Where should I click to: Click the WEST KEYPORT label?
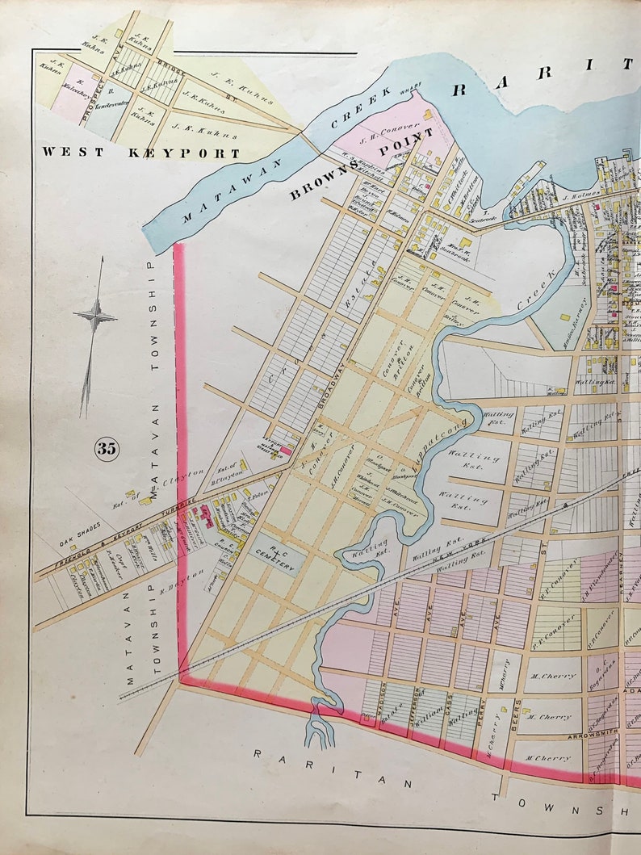[x=141, y=152]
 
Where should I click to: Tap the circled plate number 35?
[x=106, y=448]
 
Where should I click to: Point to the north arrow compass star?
[x=95, y=317]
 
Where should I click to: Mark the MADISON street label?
[x=374, y=692]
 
